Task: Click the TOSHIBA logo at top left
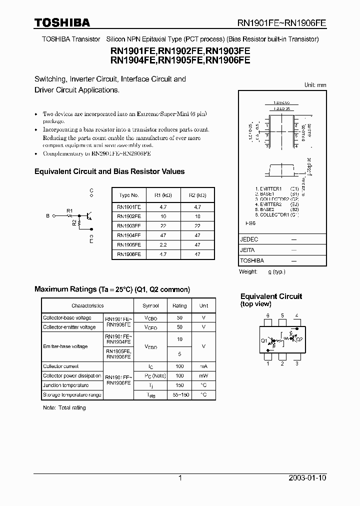62,22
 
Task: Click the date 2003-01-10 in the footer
307,477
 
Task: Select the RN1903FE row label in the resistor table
129,225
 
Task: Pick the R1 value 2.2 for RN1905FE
163,244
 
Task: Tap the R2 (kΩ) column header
197,195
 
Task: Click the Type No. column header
129,195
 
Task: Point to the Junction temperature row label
65,385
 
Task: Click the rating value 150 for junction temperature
179,385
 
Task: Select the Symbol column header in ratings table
150,305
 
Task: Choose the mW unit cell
203,375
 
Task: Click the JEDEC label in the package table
249,239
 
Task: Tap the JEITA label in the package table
248,250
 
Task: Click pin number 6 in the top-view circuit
268,315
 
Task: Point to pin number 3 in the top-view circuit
296,363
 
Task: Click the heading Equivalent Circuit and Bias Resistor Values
109,171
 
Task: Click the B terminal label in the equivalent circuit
47,216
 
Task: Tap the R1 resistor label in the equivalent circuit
69,210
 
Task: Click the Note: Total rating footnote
64,407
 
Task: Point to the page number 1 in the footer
180,477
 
